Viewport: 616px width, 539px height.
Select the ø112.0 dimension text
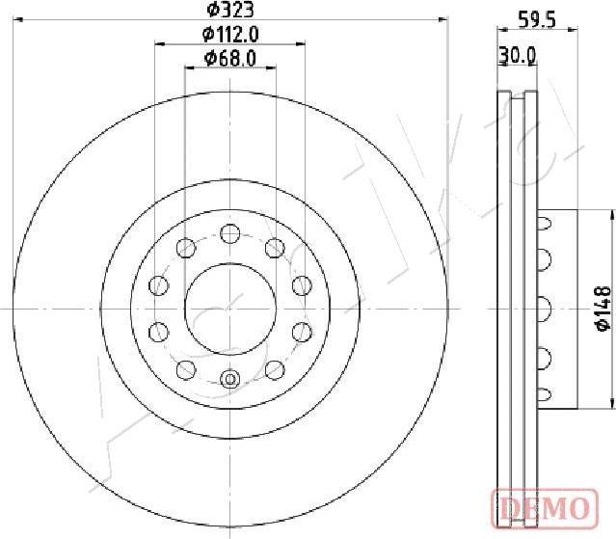[x=230, y=35]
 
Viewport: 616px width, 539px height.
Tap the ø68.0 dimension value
[x=230, y=59]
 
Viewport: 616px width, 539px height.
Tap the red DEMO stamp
[x=547, y=506]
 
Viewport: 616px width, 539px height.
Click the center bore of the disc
[x=229, y=308]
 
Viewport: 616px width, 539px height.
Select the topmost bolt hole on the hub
[x=229, y=232]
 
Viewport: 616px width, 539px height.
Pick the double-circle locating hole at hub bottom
[x=229, y=379]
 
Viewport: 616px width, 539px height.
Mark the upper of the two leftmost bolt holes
[x=158, y=284]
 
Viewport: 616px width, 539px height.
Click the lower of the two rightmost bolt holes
[x=300, y=332]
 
